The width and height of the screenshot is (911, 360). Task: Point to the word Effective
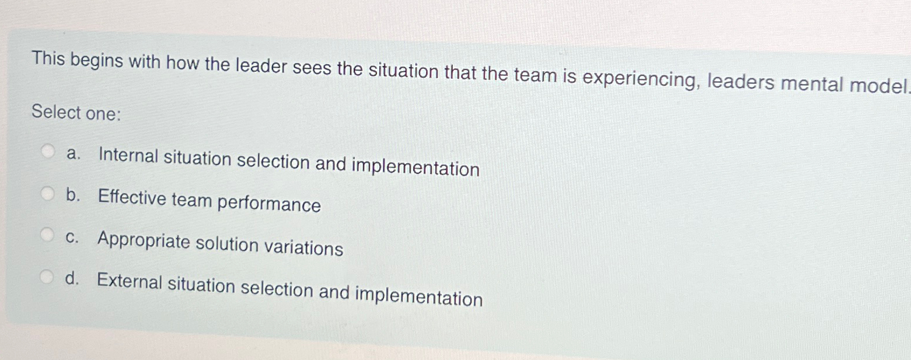[x=132, y=198]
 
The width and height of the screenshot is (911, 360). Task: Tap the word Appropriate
[x=144, y=240]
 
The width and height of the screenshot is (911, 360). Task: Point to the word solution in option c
[x=227, y=244]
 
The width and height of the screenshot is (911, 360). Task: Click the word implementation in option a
[x=415, y=167]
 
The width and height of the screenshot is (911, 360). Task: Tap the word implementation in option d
[x=418, y=296]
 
